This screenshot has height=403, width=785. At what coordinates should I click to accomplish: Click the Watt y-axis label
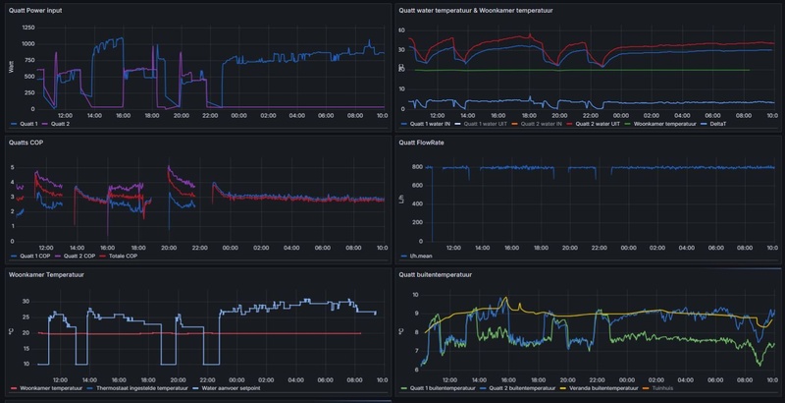click(x=11, y=67)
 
